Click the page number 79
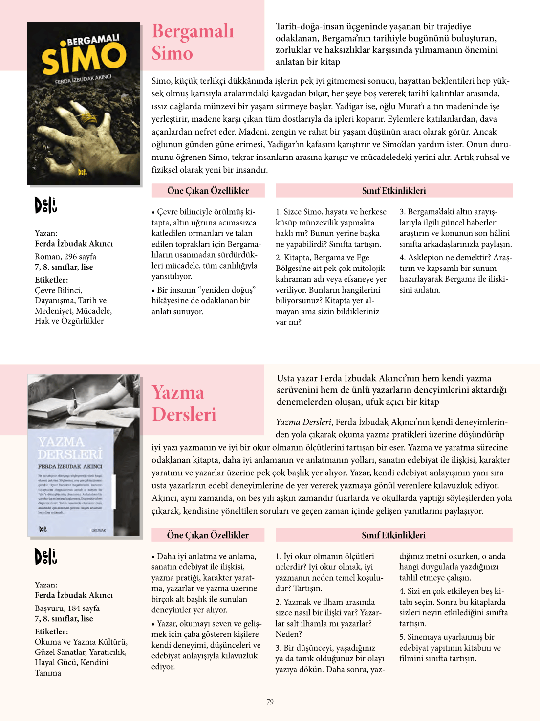pos(270,702)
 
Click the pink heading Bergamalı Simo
pos(193,42)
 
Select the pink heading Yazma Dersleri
pos(184,404)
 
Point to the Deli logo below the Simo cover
pos(45,205)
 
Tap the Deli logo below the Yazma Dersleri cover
pos(45,557)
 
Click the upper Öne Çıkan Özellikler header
pos(208,191)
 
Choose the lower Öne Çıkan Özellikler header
pos(208,535)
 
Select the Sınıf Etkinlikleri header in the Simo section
pos(393,191)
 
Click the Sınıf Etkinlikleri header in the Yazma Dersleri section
pos(393,535)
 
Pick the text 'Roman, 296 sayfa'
pos(65,256)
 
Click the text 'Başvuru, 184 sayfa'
pos(67,608)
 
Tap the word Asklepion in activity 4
pos(425,257)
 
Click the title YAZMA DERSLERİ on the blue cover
pos(70,448)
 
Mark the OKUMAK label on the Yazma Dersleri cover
pos(98,530)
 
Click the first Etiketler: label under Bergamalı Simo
pos(51,280)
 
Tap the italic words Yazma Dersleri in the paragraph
pos(303,422)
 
